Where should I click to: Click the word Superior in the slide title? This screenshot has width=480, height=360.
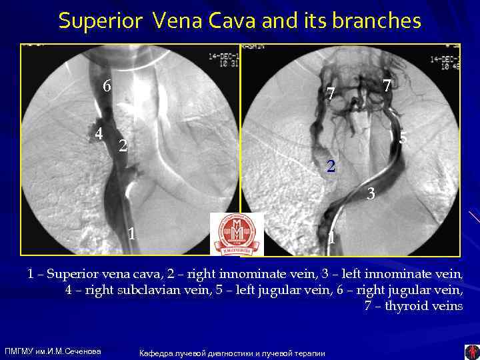coord(99,21)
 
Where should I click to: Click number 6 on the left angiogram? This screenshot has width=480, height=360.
coord(107,86)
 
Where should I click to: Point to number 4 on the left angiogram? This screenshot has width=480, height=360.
coord(99,133)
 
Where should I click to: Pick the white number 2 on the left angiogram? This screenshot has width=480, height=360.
coord(122,146)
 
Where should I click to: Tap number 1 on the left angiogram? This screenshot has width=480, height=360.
coord(133,234)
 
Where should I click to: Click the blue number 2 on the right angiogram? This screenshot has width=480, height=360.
coord(331,166)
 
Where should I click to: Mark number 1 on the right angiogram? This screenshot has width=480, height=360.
coord(331,237)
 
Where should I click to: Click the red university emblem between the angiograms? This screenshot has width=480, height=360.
coord(237,234)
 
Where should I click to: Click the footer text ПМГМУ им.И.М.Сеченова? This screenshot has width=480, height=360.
coord(53,351)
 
